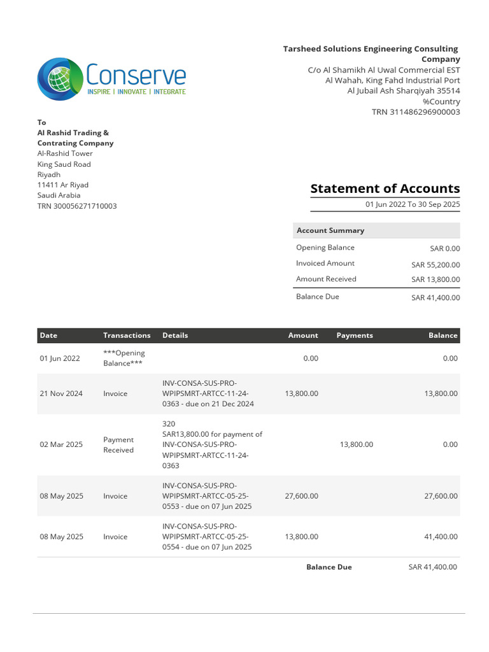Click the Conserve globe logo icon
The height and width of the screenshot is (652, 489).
(60, 79)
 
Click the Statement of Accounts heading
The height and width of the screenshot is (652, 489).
(385, 188)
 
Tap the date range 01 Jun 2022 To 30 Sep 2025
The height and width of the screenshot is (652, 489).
(412, 204)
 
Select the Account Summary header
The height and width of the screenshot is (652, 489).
(330, 230)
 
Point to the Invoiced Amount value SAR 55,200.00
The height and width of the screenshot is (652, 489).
(435, 265)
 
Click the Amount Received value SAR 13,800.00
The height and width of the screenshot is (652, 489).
(435, 280)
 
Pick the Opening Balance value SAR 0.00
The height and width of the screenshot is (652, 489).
(444, 249)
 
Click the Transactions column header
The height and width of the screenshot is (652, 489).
(127, 336)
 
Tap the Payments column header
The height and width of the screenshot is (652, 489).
(355, 336)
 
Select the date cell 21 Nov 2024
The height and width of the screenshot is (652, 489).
(61, 393)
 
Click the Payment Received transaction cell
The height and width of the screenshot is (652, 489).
(118, 444)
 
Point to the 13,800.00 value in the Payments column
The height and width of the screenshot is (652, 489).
(357, 444)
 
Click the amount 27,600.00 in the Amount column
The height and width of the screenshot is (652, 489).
(302, 496)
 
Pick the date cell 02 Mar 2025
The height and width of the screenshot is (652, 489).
(61, 444)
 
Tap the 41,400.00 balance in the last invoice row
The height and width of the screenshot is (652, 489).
(441, 537)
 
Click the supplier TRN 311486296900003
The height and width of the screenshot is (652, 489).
(416, 112)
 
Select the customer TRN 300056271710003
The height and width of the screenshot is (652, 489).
(77, 206)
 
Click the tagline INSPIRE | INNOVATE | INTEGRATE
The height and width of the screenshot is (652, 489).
(136, 92)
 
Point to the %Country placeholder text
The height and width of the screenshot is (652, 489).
(441, 102)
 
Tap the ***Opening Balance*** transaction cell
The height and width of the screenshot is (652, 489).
(124, 358)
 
